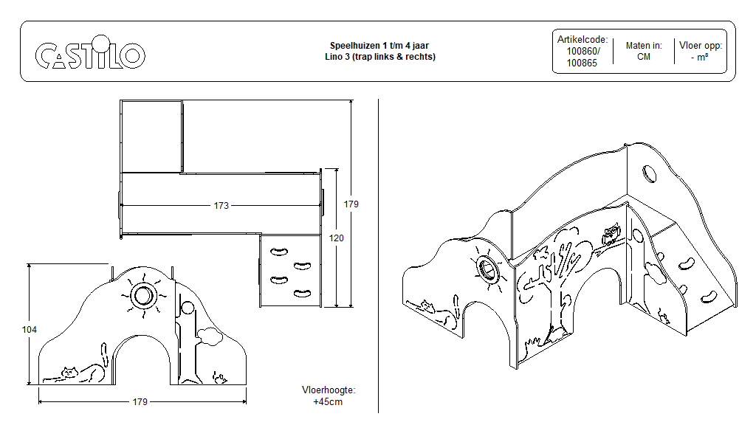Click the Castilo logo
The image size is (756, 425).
point(90,54)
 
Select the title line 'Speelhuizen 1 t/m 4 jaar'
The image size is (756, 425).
point(379,46)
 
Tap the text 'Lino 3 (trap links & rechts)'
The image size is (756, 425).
point(379,57)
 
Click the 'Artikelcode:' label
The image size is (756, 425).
point(583,40)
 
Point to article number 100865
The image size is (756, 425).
point(583,63)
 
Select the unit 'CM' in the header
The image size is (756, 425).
point(643,57)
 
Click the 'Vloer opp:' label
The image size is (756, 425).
point(700,46)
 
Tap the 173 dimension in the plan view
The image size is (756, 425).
point(221,205)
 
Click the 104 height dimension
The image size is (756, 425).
point(29,329)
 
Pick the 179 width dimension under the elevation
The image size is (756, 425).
point(140,401)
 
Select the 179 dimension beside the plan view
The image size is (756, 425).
point(351,204)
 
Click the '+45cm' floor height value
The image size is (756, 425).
point(328,402)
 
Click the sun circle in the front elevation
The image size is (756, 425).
point(142,296)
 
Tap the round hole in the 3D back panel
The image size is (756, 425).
point(649,174)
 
